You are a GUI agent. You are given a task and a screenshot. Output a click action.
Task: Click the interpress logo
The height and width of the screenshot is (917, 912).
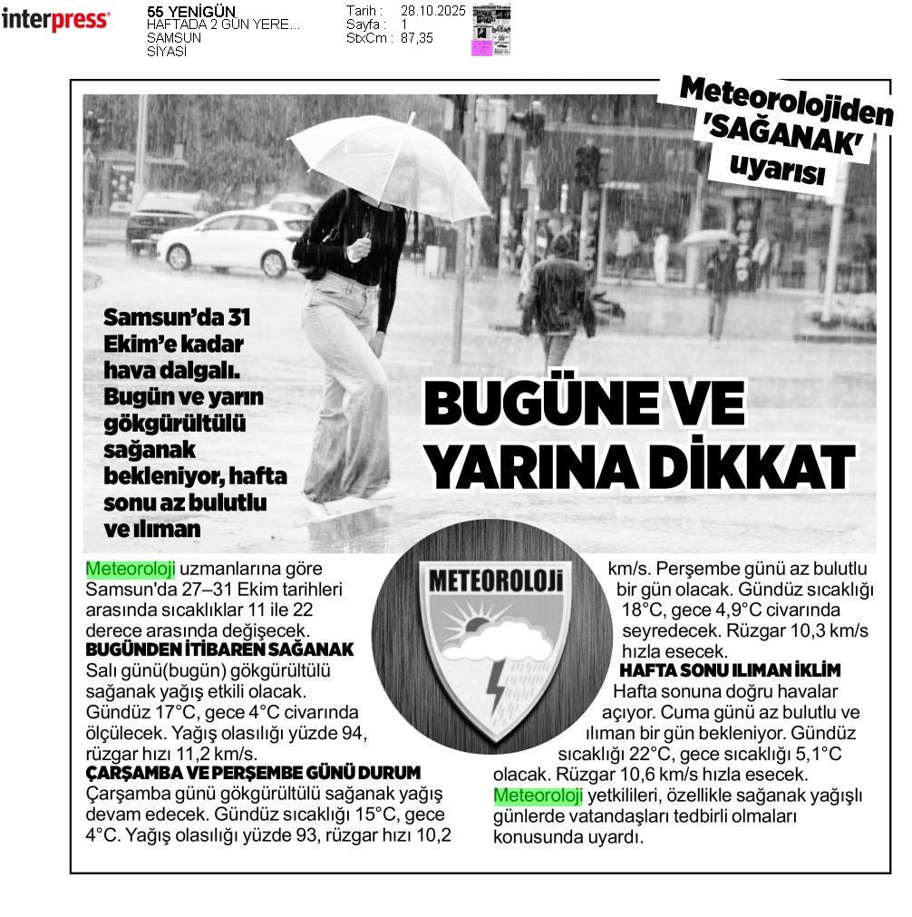55,20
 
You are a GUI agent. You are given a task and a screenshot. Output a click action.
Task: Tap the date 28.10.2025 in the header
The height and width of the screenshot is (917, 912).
432,11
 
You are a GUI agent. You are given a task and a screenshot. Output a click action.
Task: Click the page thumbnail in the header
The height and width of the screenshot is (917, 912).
490,29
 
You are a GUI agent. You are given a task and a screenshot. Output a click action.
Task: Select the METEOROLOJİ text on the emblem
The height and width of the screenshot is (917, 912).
495,581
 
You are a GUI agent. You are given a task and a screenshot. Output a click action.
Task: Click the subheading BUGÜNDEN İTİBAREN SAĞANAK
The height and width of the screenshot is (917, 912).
219,650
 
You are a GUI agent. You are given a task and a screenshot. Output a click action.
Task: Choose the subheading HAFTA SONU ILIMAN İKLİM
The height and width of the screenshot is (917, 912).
730,670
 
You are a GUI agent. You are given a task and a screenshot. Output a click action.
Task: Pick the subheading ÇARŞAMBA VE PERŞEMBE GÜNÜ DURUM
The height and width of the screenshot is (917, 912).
253,773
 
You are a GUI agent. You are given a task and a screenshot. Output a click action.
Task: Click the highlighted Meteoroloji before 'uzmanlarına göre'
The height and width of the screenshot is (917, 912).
130,569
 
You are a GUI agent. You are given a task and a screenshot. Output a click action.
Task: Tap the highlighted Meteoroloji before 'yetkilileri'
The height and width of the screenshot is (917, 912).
537,795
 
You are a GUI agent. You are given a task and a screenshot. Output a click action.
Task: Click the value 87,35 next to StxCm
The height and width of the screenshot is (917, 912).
417,38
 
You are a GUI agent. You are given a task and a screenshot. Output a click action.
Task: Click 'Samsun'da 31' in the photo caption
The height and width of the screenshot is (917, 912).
177,318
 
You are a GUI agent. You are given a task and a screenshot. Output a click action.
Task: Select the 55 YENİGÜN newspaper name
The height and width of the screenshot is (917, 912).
190,12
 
